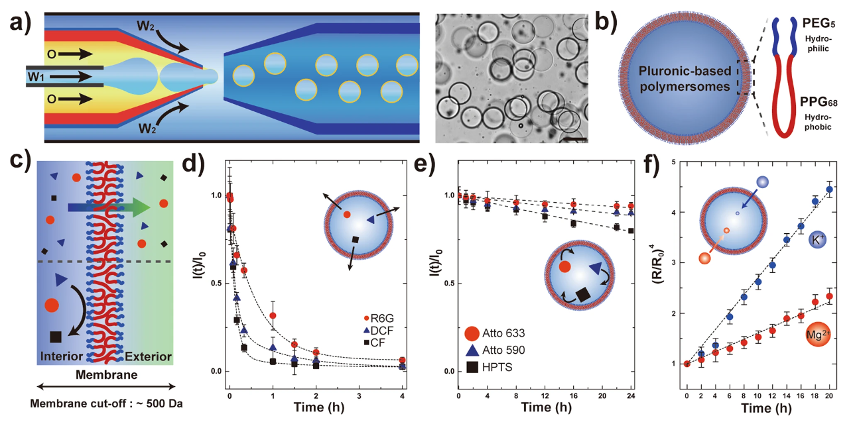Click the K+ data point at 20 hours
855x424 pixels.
829,189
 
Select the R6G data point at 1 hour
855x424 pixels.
273,315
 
